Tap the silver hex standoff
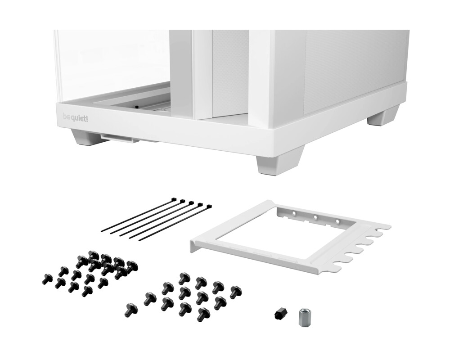click(x=304, y=318)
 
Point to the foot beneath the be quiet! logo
click(x=89, y=137)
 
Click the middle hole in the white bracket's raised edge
click(x=315, y=217)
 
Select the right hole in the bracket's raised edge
click(x=337, y=222)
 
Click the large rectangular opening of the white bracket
click(x=270, y=234)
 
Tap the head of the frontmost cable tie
click(x=209, y=207)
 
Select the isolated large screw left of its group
click(x=130, y=309)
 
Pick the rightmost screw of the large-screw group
click(x=235, y=292)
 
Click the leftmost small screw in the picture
click(x=47, y=279)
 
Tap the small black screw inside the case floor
click(x=135, y=107)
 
